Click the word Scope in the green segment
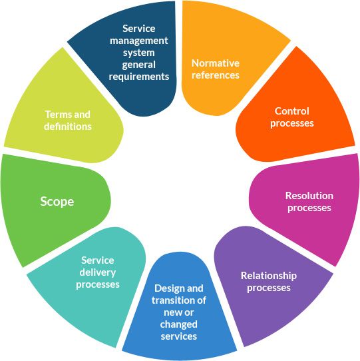point(57,202)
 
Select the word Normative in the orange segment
point(216,63)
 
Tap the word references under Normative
point(216,75)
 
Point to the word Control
point(292,111)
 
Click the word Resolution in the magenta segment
point(309,196)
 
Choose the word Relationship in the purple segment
point(269,276)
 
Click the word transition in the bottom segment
point(172,300)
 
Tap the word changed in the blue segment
point(179,324)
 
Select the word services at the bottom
point(179,336)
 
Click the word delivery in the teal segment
point(98,272)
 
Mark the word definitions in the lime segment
point(68,127)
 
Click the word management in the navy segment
point(139,41)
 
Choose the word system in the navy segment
point(139,53)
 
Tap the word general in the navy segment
point(139,65)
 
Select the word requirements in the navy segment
point(139,77)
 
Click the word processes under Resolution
point(309,208)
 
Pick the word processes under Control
point(292,123)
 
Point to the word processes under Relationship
point(269,288)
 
